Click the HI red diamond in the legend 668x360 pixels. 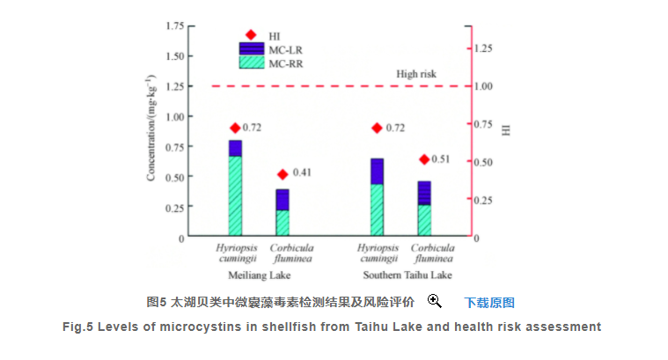(x=251, y=34)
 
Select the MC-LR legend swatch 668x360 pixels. (x=251, y=48)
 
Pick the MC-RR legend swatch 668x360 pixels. (x=251, y=62)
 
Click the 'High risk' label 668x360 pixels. (x=415, y=74)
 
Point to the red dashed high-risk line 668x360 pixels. (x=334, y=86)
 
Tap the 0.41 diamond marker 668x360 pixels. (x=283, y=174)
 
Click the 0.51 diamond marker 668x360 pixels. (x=424, y=159)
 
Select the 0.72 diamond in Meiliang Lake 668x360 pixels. (x=235, y=129)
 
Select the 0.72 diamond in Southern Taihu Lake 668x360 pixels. (x=377, y=129)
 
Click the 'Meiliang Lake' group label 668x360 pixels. (x=257, y=276)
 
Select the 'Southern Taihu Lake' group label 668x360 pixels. (x=401, y=276)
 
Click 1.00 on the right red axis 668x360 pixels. (x=486, y=86)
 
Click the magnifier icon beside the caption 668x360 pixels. (x=434, y=301)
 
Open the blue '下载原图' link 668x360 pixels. (x=488, y=302)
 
